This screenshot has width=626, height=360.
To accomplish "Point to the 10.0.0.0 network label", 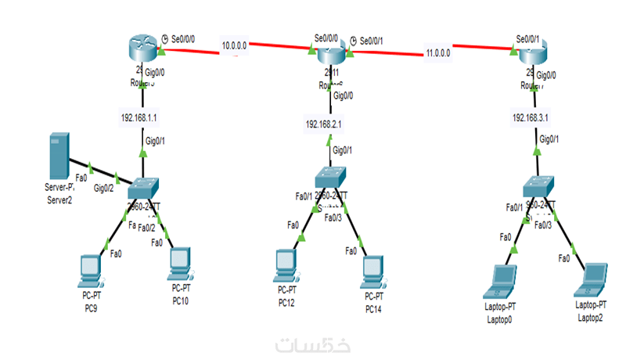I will click(x=234, y=45).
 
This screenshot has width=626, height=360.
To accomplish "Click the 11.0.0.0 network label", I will click(x=437, y=54).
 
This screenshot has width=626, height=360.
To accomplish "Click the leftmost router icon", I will click(x=142, y=50).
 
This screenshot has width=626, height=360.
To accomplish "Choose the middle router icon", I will click(x=330, y=56).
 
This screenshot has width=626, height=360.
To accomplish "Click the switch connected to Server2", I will click(x=144, y=189).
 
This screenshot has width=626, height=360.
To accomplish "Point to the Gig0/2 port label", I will click(x=103, y=189).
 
